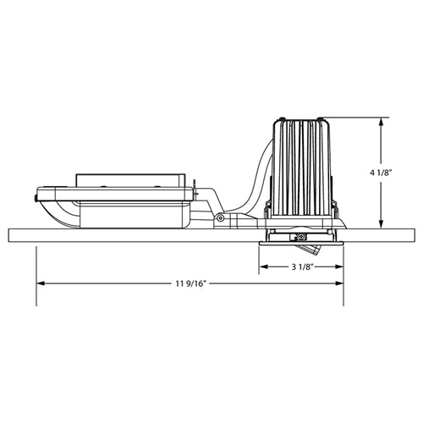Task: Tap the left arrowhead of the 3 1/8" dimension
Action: click(262, 267)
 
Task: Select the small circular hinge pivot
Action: click(220, 218)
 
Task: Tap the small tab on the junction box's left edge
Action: click(36, 198)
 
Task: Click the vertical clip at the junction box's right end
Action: click(195, 188)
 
